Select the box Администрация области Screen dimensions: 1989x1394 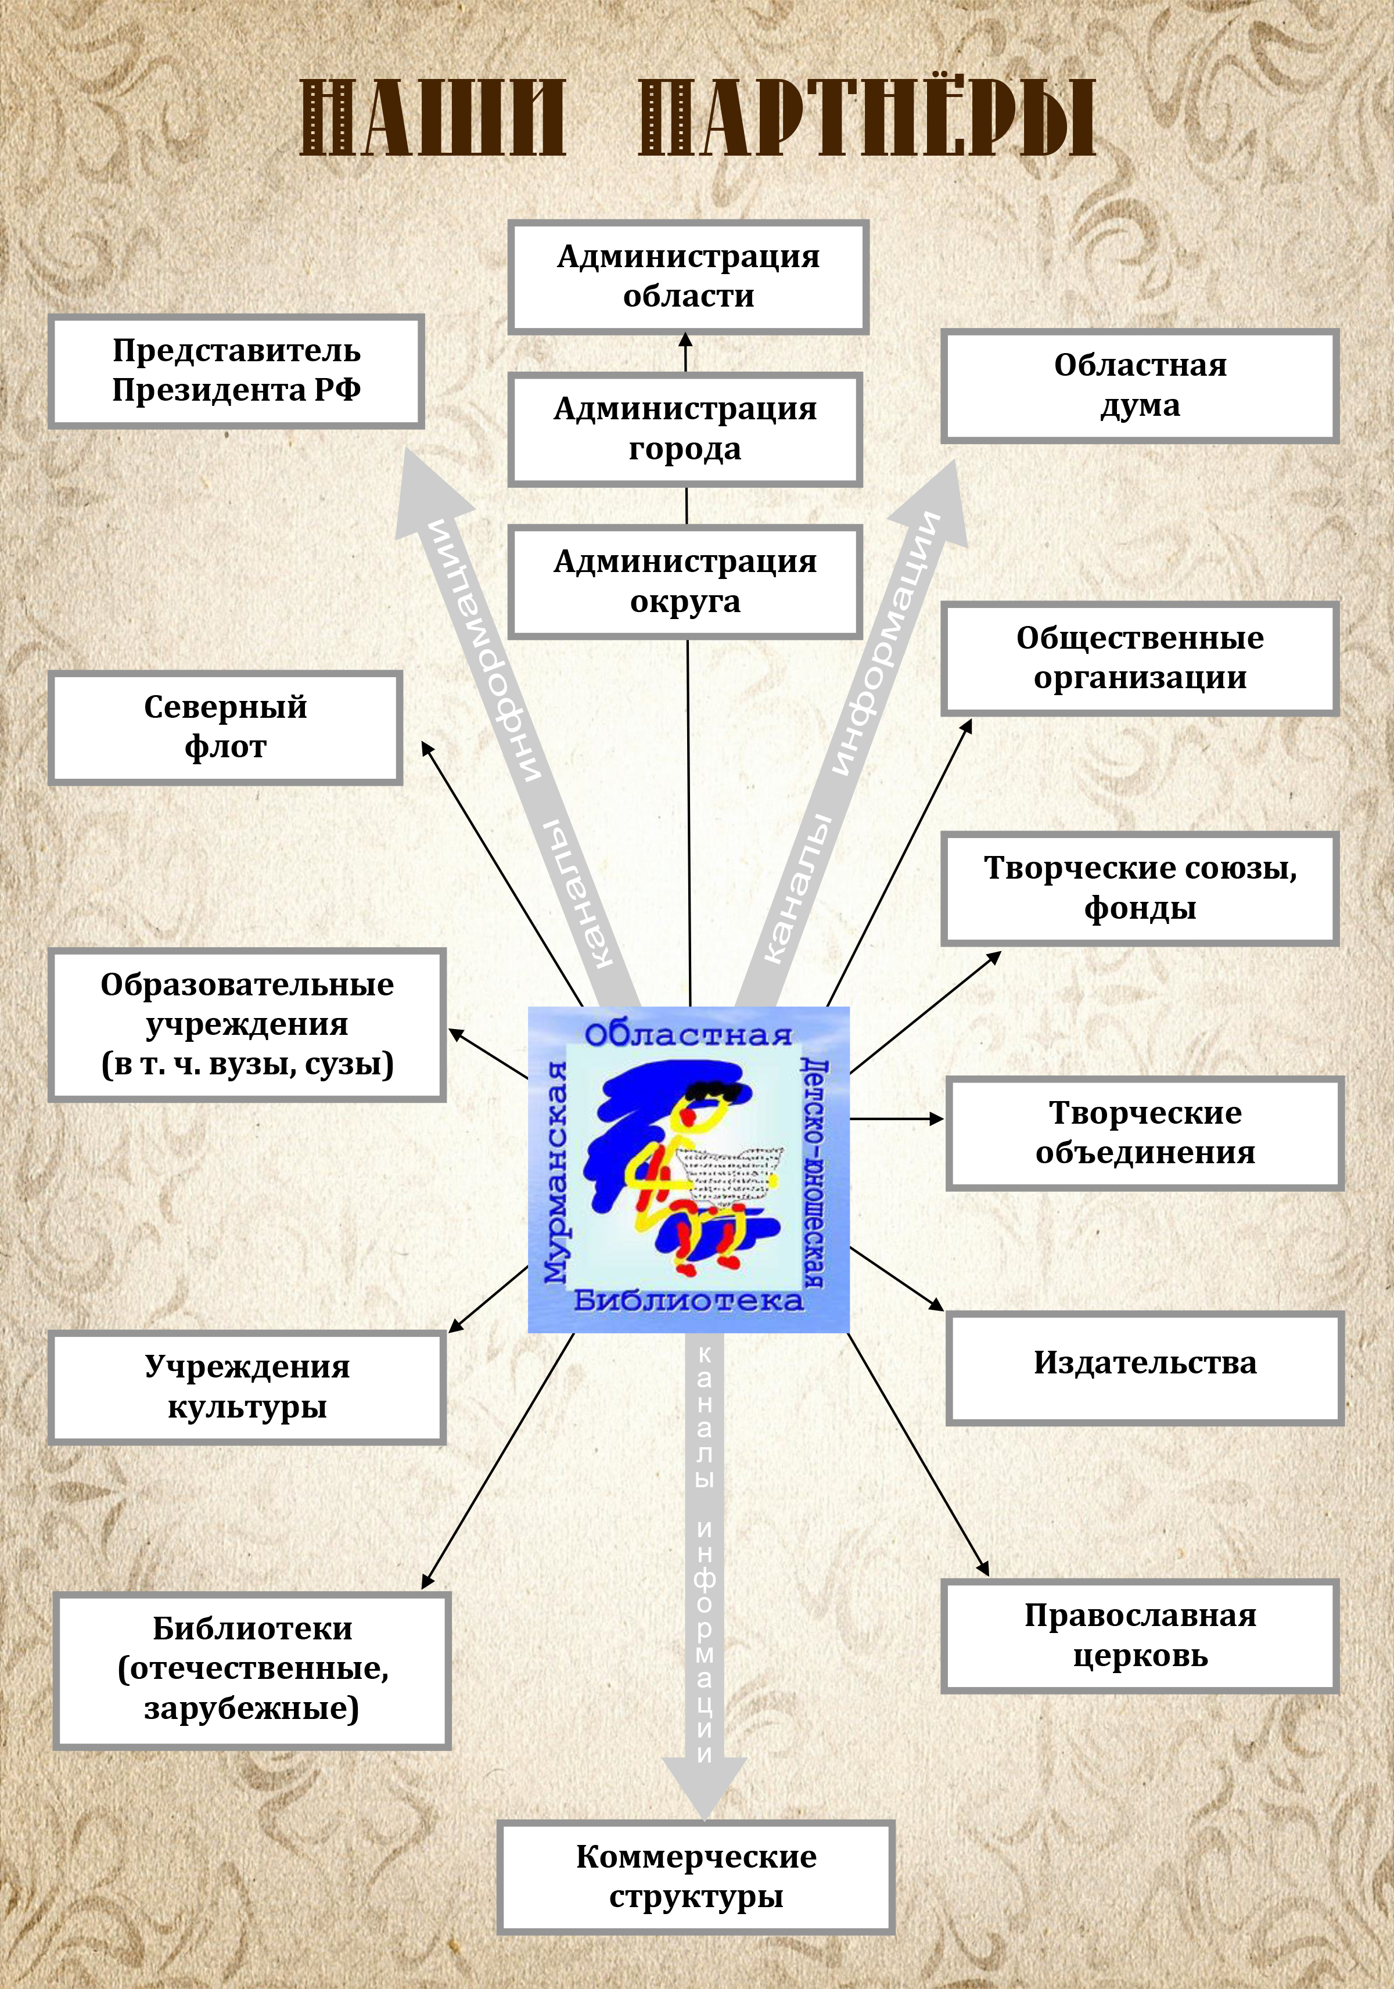(x=688, y=276)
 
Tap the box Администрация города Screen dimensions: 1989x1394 (x=684, y=429)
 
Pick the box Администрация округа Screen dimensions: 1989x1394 (x=684, y=582)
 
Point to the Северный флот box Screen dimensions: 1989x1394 (x=225, y=727)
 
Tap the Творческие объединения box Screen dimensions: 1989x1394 (x=1144, y=1133)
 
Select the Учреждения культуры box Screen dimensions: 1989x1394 (x=247, y=1387)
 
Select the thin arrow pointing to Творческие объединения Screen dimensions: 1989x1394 (x=897, y=1118)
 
